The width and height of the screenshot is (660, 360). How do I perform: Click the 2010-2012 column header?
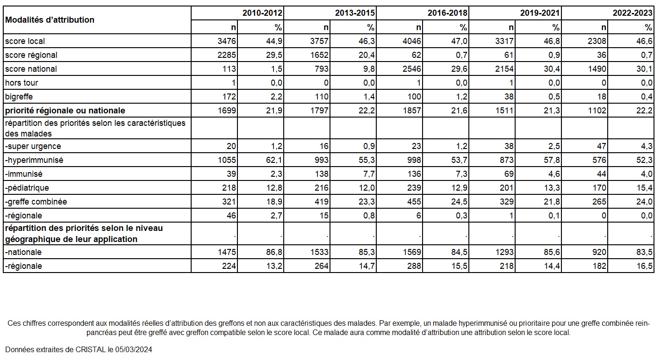pyautogui.click(x=262, y=13)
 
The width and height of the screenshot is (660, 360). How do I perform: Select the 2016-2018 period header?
pyautogui.click(x=447, y=13)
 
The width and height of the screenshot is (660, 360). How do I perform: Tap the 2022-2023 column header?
pyautogui.click(x=632, y=13)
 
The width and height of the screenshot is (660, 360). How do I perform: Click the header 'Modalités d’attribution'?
pyautogui.click(x=50, y=20)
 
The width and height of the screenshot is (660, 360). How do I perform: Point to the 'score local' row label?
pyautogui.click(x=25, y=41)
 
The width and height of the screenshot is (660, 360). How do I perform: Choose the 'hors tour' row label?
pyautogui.click(x=21, y=83)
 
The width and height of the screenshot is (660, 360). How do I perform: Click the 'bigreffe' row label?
pyautogui.click(x=19, y=97)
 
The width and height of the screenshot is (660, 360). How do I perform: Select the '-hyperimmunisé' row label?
pyautogui.click(x=34, y=160)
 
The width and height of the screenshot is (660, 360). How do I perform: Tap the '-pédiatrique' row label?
pyautogui.click(x=27, y=188)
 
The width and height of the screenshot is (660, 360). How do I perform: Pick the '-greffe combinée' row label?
pyautogui.click(x=36, y=202)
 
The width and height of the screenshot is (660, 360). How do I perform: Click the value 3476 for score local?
pyautogui.click(x=227, y=41)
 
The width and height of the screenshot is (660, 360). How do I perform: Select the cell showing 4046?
pyautogui.click(x=411, y=41)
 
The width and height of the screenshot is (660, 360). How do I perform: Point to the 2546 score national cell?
pyautogui.click(x=411, y=69)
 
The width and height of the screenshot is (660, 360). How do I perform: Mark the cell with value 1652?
pyautogui.click(x=319, y=55)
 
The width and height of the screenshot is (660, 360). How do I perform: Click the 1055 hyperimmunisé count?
pyautogui.click(x=227, y=160)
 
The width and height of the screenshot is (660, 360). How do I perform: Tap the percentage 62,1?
pyautogui.click(x=274, y=160)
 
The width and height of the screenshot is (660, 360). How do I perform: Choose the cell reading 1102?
pyautogui.click(x=597, y=111)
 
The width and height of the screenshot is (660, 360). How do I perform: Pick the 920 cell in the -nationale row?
pyautogui.click(x=599, y=252)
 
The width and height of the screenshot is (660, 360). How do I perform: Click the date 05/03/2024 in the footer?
pyautogui.click(x=133, y=350)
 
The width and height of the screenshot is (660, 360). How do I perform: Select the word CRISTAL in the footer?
pyautogui.click(x=90, y=350)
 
